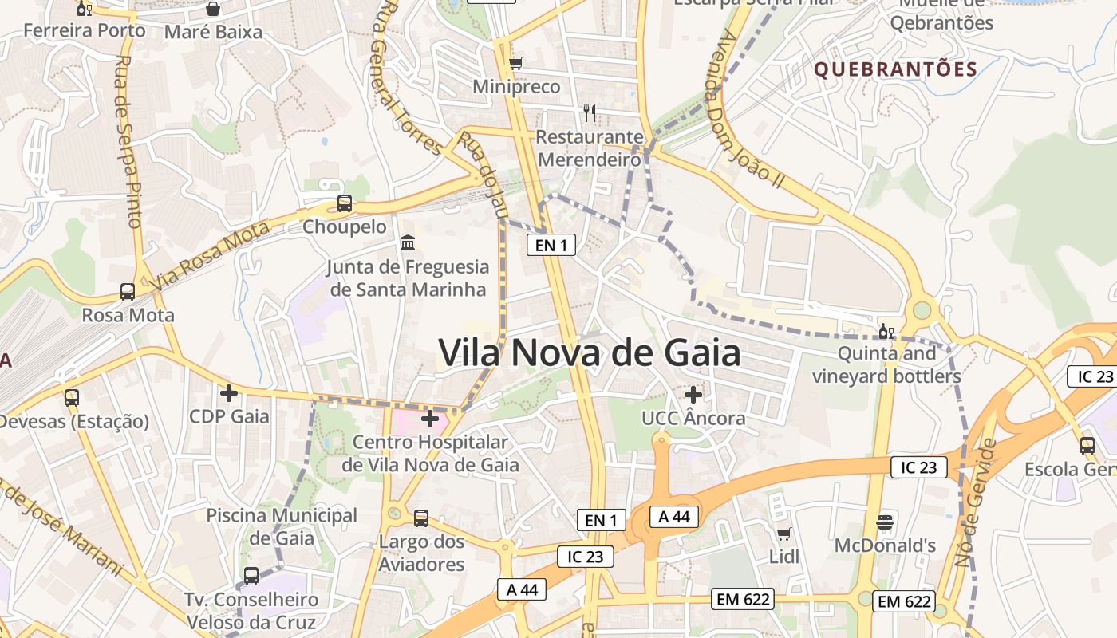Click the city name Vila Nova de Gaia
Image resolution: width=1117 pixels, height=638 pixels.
(590, 352)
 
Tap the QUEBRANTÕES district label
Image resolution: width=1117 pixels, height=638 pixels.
(895, 69)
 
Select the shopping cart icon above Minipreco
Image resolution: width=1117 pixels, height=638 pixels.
(516, 62)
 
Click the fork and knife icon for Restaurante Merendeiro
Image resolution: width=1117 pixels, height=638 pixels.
(590, 112)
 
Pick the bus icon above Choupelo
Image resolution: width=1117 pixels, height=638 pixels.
(345, 203)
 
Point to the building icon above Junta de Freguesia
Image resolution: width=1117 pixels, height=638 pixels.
(408, 242)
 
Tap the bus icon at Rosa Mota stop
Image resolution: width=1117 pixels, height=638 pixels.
(128, 291)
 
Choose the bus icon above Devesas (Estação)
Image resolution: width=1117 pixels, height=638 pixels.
(72, 397)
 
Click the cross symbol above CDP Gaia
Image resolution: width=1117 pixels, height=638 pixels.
(229, 392)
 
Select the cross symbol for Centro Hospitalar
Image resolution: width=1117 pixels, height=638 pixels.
(430, 417)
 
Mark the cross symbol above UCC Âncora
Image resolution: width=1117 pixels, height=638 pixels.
(693, 394)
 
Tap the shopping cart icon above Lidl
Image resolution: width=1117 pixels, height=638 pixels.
(784, 533)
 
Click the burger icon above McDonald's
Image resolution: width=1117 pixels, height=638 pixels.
(885, 522)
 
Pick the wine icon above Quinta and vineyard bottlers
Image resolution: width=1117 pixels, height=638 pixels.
(886, 330)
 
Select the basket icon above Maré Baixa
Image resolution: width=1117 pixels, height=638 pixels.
(213, 9)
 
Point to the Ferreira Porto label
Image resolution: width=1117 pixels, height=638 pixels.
(85, 31)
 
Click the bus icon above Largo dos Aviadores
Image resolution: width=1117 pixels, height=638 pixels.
(421, 518)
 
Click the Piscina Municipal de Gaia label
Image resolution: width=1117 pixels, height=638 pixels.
(282, 526)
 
